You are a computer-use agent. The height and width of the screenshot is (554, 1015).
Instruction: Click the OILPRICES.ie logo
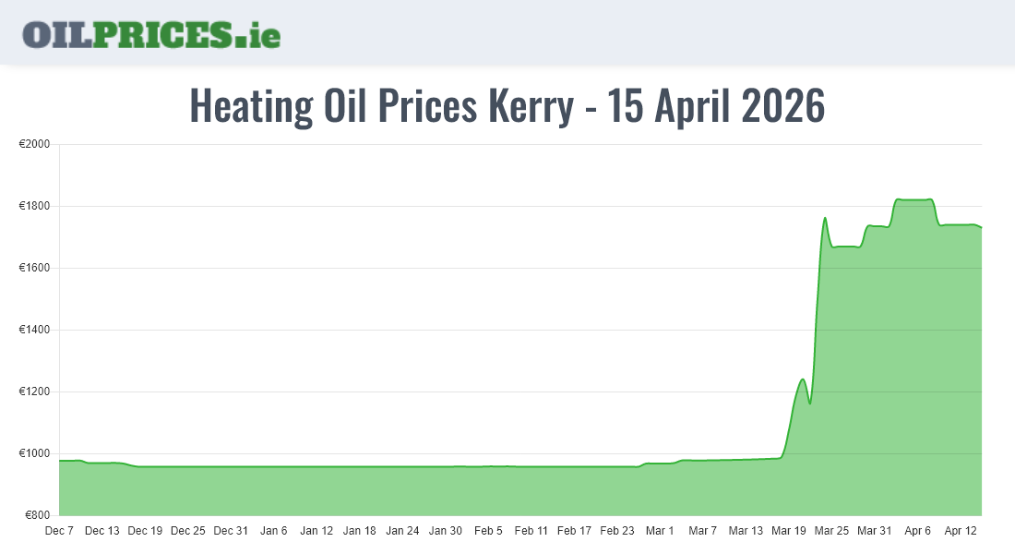151,34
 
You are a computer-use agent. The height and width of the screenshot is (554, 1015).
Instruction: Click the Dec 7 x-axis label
59,531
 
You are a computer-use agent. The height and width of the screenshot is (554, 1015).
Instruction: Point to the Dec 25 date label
187,531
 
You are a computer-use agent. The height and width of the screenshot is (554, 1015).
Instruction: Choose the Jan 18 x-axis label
359,531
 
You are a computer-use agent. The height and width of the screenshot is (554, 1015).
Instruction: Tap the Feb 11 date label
531,531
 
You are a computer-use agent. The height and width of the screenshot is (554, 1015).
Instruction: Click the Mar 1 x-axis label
660,531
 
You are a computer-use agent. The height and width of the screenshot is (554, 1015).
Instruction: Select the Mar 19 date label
788,531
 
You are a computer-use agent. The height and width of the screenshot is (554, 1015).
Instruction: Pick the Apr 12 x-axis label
960,531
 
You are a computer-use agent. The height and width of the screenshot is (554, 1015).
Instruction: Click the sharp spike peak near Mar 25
825,218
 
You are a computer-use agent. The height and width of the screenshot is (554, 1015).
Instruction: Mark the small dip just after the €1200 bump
810,403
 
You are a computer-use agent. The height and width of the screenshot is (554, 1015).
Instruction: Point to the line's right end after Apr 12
981,227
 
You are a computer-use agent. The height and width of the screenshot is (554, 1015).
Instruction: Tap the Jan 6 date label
273,531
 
